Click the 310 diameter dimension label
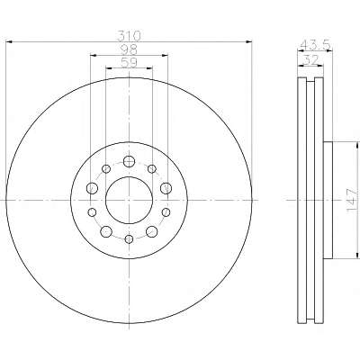[129, 36]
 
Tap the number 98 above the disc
[129, 49]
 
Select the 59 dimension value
[129, 63]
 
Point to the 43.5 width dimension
[315, 46]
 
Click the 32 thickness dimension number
[310, 60]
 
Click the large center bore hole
[129, 200]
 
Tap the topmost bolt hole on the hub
[129, 161]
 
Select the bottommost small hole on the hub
[129, 239]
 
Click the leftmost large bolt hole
[92, 188]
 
